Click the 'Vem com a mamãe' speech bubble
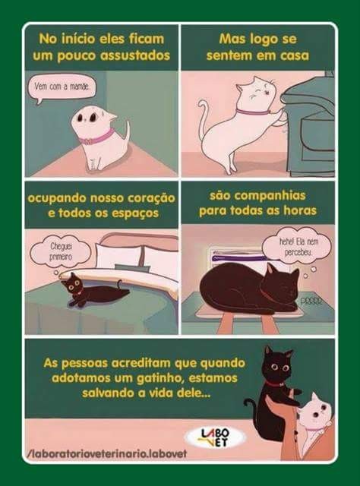(x=62, y=88)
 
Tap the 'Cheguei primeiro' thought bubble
(x=61, y=253)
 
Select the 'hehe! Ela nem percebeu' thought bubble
(x=297, y=248)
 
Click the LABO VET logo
(x=215, y=437)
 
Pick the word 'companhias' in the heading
(x=257, y=196)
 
